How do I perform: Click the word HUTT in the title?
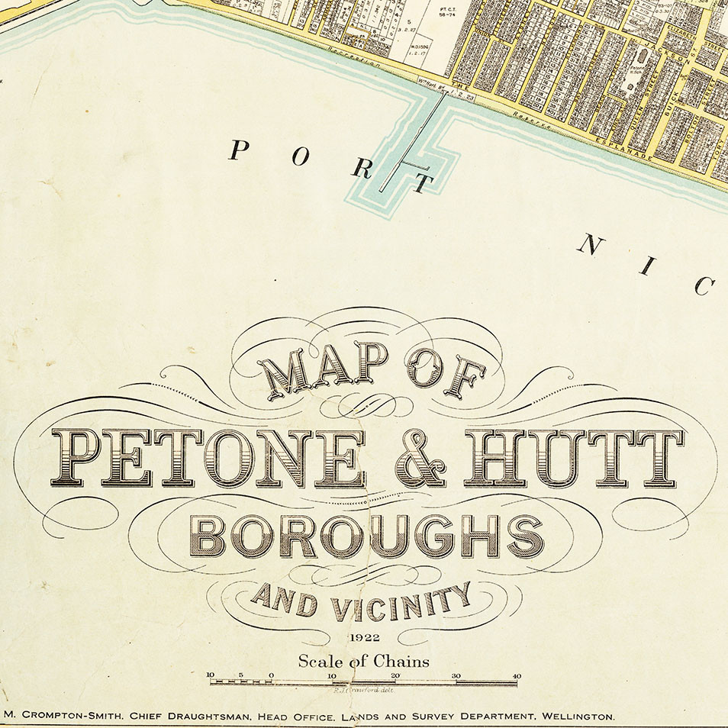coord(574,458)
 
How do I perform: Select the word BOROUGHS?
coord(366,536)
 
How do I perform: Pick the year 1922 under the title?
coord(363,638)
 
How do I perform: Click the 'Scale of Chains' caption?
coord(363,662)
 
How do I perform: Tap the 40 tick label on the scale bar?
coord(517,675)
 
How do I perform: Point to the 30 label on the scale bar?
coord(456,675)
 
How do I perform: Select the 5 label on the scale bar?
coord(241,675)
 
